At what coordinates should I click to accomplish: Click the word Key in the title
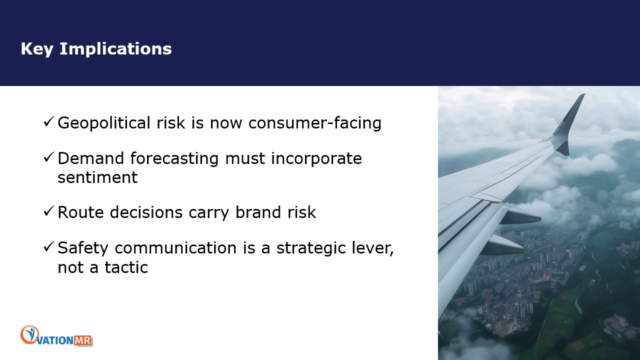37,49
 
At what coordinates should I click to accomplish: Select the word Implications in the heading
115,49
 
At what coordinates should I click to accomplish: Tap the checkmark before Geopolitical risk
48,122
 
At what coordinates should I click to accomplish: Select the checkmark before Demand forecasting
48,157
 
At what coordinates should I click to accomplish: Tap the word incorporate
316,158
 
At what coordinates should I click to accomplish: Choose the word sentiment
97,177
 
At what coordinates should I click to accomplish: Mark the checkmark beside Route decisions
48,211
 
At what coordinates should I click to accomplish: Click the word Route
80,212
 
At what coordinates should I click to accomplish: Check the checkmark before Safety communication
48,247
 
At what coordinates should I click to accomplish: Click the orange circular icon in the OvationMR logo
29,334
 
